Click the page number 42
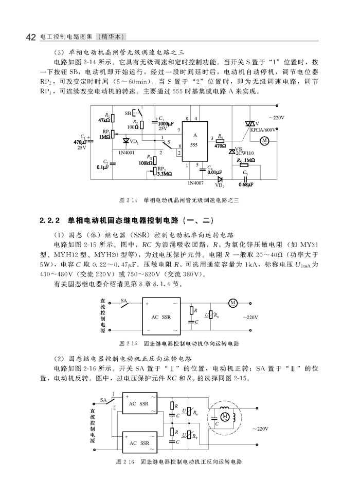(x=30, y=37)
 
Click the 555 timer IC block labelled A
(x=195, y=142)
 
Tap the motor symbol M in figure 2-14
(x=264, y=141)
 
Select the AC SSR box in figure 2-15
(x=161, y=317)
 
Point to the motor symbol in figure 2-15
(x=233, y=303)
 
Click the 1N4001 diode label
(x=127, y=153)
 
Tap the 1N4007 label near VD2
(x=195, y=183)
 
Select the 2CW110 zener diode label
(x=245, y=153)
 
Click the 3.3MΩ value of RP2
(x=165, y=174)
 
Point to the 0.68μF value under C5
(x=246, y=184)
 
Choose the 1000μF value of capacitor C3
(x=166, y=124)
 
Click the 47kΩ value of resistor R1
(x=104, y=120)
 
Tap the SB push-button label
(x=128, y=114)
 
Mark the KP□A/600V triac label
(x=263, y=129)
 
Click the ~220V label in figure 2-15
(x=250, y=317)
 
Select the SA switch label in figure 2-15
(x=124, y=301)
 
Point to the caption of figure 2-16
(x=179, y=462)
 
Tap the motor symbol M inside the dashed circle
(x=225, y=416)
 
